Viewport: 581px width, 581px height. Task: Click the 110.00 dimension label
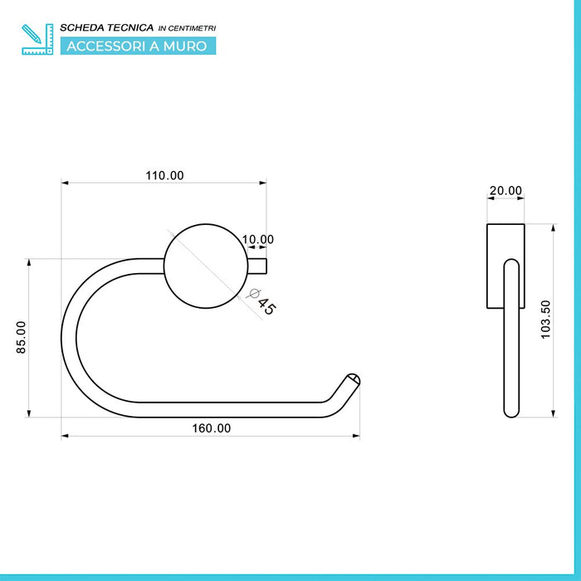164,175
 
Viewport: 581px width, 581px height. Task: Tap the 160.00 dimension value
212,428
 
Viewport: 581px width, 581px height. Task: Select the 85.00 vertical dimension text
22,338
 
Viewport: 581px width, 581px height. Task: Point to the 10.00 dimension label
257,240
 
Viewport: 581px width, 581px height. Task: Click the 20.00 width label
505,190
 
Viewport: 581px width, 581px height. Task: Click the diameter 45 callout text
264,302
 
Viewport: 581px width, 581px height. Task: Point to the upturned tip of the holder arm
352,381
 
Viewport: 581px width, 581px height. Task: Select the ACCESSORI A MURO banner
137,46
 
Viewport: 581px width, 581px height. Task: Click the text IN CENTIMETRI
186,28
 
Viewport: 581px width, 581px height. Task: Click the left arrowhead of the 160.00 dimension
66,435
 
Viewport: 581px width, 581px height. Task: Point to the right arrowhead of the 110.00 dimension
263,183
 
